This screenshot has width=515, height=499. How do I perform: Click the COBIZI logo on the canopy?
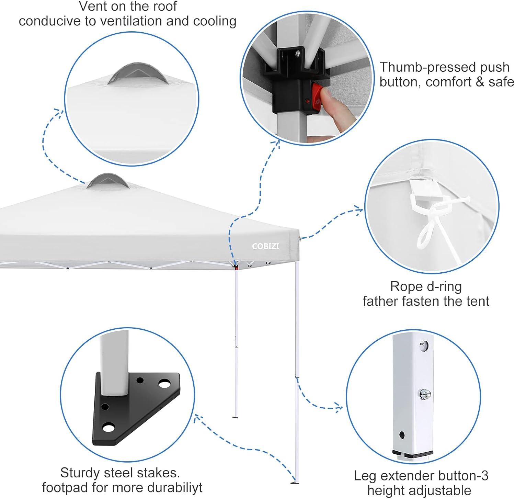265,246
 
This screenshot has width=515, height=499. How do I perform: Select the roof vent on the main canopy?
107,181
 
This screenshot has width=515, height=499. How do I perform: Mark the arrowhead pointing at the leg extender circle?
339,408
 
